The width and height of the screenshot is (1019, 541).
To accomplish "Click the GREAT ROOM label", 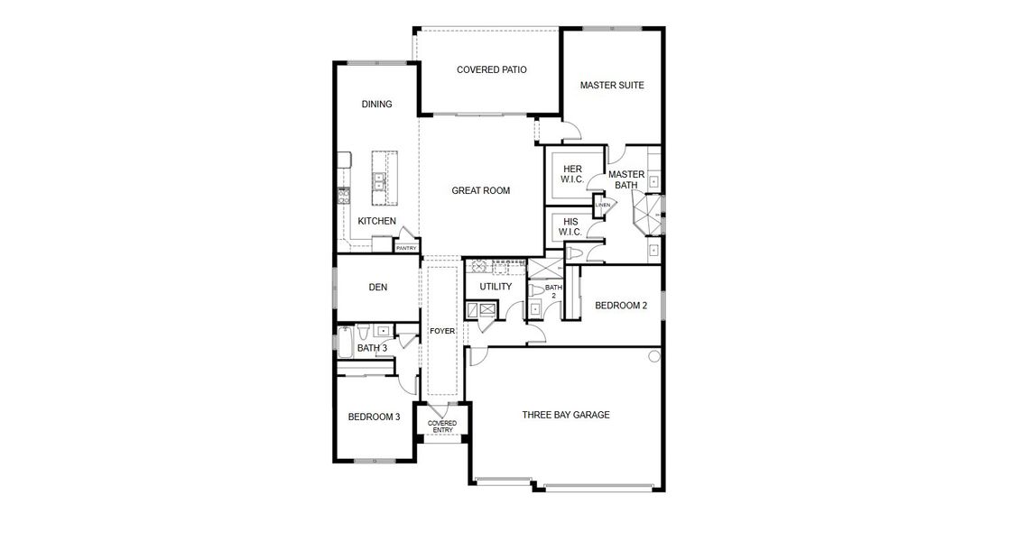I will tap(480, 190).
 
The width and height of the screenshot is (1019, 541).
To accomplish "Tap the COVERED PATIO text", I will tap(491, 69).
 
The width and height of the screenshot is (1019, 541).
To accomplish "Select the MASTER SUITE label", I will tap(611, 86).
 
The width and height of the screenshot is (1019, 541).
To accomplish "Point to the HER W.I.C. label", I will tap(572, 174).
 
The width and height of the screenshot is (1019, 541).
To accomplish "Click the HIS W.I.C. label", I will tap(570, 226).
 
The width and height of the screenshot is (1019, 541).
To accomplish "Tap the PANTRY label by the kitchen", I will tap(406, 248).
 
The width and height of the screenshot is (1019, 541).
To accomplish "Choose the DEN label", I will tap(377, 288).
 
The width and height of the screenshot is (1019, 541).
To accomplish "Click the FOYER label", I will tap(441, 332).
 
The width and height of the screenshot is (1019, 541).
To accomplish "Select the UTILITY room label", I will tap(496, 287).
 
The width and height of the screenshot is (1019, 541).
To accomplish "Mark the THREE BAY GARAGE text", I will tap(566, 415).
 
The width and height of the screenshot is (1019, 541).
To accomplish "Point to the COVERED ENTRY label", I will tap(441, 426).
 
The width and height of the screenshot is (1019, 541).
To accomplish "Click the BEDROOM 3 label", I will tap(374, 417).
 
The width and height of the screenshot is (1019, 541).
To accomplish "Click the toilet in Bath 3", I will tap(365, 330).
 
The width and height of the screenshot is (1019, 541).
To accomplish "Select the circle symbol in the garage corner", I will tap(654, 356).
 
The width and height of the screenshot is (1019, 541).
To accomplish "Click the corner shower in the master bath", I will tap(646, 215).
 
